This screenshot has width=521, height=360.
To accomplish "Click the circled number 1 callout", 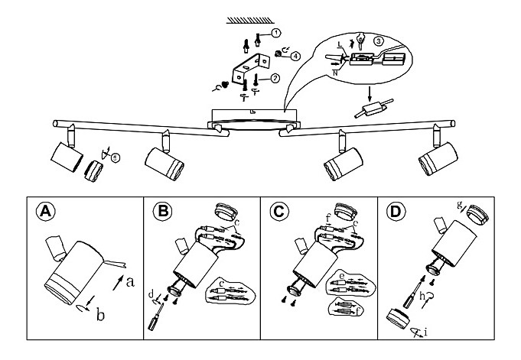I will pos(275,33).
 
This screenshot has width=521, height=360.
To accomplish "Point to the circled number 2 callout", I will pos(275,77).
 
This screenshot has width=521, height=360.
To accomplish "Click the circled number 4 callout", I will pos(295,54).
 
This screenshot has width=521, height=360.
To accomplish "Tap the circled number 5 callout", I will pos(115,158).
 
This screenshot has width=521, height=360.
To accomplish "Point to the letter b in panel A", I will pos(100,314).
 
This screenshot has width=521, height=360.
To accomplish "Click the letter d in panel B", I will pos(151,292).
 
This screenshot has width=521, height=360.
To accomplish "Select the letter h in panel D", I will pos(422,297).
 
